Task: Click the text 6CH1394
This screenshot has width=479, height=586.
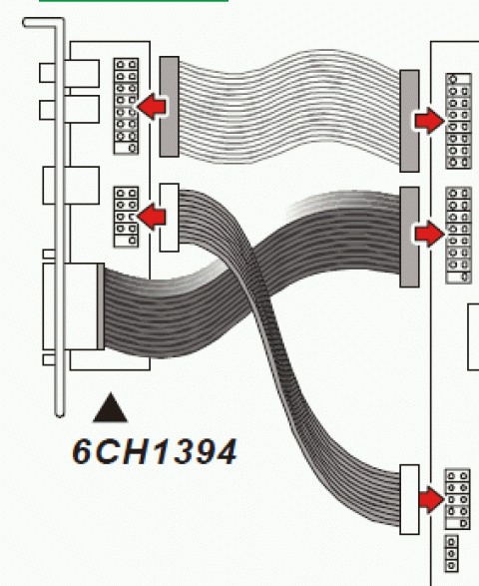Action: point(155,452)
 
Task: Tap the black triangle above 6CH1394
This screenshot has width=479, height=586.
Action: point(110,407)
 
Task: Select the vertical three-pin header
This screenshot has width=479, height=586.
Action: point(451,553)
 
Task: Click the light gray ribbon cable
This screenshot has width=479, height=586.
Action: point(289,108)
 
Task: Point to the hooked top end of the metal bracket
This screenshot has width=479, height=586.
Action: point(41,22)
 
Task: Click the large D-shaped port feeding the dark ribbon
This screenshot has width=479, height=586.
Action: point(73,306)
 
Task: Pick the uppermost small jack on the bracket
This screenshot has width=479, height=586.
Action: point(69,73)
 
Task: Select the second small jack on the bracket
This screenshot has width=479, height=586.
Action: point(69,109)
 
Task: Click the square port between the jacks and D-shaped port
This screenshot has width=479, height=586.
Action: point(71,186)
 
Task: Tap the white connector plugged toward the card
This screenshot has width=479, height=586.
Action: point(170,218)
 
